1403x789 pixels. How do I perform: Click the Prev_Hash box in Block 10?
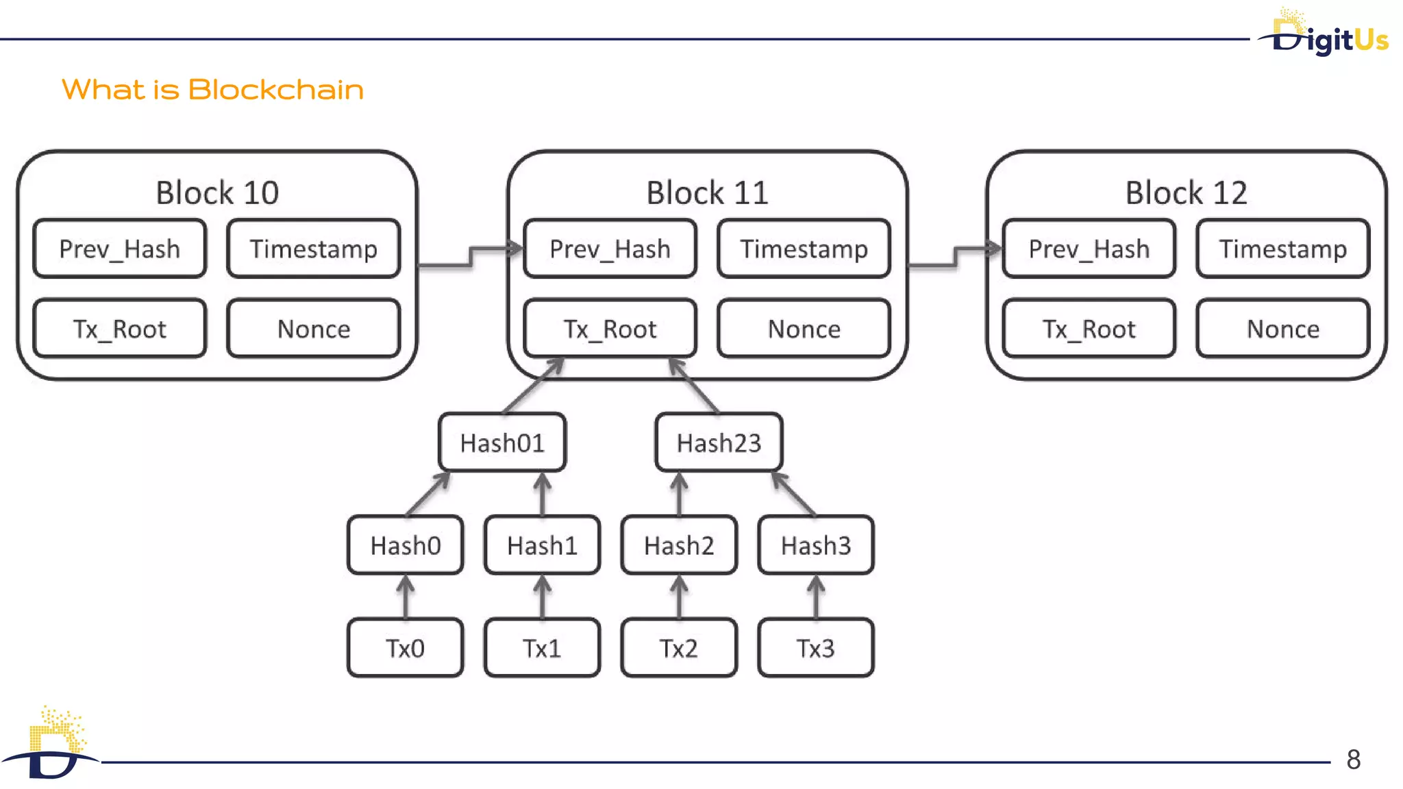click(119, 249)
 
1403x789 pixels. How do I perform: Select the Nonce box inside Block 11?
click(804, 329)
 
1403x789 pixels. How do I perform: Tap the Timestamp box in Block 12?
click(1282, 249)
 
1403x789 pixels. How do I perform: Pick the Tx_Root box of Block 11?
click(610, 329)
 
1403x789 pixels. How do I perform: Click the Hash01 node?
click(502, 443)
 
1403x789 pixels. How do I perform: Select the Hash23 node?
click(719, 443)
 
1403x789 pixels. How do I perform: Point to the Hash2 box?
click(679, 546)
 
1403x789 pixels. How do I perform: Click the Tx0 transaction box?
click(405, 648)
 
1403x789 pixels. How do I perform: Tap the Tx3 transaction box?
click(815, 648)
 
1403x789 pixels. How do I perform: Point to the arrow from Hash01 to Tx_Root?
click(533, 386)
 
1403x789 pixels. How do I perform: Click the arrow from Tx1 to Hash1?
click(543, 597)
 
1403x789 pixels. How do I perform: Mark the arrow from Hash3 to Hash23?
click(794, 494)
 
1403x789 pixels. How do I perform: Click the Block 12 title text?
click(1186, 192)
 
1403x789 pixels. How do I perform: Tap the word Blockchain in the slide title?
click(275, 90)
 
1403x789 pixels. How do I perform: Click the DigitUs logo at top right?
click(1326, 34)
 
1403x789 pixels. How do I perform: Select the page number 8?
click(1353, 759)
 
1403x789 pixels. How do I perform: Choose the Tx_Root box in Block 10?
click(119, 329)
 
